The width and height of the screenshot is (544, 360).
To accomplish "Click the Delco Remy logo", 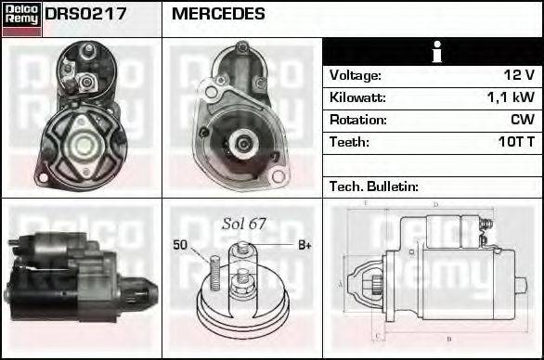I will (21, 19).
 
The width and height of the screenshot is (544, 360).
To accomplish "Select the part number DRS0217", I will (86, 15).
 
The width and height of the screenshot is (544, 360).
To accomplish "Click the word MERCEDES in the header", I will (218, 15).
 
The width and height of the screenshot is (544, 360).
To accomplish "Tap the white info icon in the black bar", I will (433, 52).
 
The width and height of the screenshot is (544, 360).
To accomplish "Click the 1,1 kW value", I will (512, 97).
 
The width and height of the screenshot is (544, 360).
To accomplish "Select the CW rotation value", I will (522, 120).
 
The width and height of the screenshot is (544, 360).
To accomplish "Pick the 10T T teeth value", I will (514, 142).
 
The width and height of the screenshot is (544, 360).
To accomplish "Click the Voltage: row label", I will (356, 75).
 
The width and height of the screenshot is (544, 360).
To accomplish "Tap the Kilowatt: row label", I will (357, 97).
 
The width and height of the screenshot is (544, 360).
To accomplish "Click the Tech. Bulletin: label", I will (374, 186).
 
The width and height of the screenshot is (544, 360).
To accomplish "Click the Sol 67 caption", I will (244, 224).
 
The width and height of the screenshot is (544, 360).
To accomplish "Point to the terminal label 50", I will (180, 245).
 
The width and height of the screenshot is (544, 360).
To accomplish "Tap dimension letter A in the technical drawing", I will (341, 283).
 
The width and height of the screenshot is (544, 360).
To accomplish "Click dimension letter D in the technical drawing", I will (434, 205).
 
